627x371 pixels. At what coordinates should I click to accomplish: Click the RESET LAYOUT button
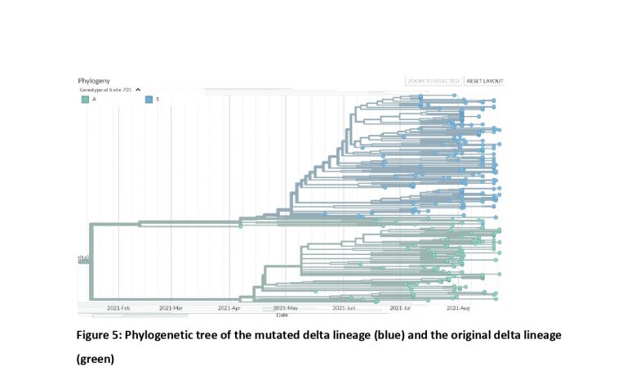point(485,81)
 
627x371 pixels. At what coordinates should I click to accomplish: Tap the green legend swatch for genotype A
point(85,99)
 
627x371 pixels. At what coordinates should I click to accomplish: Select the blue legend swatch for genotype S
point(149,99)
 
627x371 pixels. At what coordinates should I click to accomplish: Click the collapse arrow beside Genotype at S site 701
point(138,89)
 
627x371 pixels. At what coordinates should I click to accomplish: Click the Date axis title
point(282,315)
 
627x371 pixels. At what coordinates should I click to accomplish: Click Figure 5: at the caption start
point(100,336)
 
